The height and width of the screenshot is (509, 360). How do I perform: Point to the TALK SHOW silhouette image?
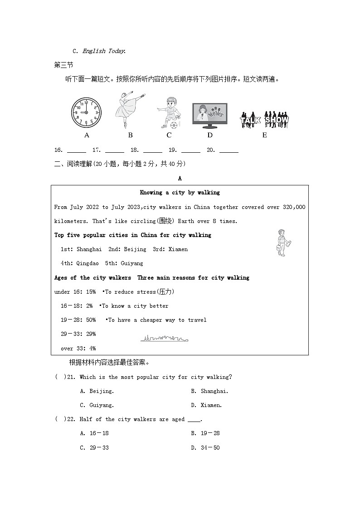coord(264,120)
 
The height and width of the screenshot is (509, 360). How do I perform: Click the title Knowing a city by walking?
coord(180,193)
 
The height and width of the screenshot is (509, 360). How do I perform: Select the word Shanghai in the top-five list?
coord(89,249)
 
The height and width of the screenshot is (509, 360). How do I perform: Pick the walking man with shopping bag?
coord(283,243)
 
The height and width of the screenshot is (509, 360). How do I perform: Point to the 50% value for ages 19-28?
coord(91,320)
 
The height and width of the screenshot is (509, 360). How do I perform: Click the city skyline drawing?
coord(164,339)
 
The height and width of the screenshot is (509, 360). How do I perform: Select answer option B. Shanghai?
coord(209,391)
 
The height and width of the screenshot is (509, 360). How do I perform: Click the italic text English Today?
coord(104,51)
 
